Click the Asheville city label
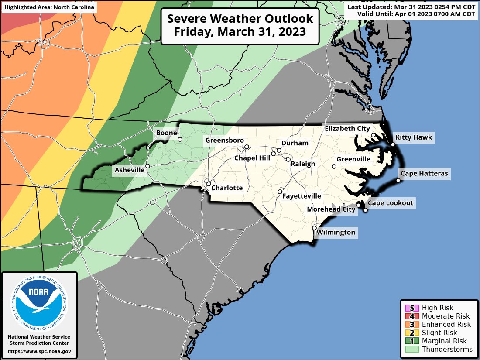pos(130,170)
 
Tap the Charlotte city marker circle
pos(209,184)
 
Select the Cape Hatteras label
pos(424,174)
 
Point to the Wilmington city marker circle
pos(314,228)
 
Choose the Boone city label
pos(167,133)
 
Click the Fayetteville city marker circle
pos(280,192)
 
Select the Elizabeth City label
pos(347,128)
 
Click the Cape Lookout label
pos(390,203)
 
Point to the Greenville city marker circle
pos(334,166)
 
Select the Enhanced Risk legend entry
pos(446,324)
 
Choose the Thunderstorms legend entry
pos(447,349)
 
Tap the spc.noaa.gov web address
pos(39,351)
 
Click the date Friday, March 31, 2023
pos(240,32)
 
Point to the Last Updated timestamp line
pos(411,7)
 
